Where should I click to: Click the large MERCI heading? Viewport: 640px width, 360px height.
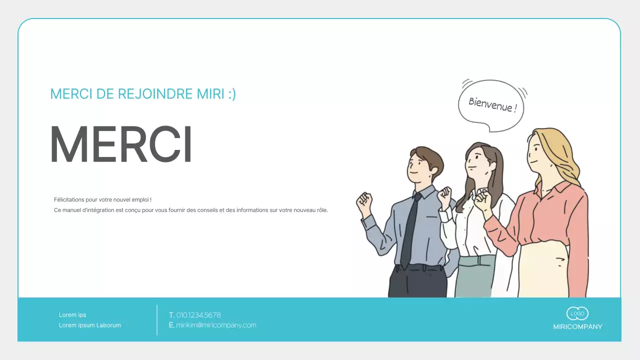coord(121,144)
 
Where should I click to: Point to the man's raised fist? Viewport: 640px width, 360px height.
coord(364,202)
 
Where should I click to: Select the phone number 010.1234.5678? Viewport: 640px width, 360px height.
coord(198,315)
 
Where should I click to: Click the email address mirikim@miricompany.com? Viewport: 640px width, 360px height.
coord(216,325)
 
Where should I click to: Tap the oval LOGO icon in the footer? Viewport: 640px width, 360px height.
coord(577,313)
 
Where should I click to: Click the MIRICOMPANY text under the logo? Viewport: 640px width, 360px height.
coord(577,327)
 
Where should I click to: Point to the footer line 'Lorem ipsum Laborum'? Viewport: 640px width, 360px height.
coord(90,325)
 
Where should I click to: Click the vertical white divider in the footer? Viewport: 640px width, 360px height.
coord(157,320)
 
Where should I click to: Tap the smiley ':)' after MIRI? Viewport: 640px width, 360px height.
coord(231,94)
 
